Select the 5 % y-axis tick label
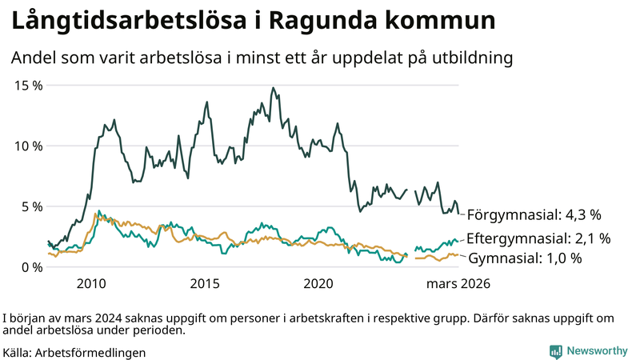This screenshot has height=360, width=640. point(31,206)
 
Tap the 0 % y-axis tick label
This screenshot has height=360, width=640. point(31,267)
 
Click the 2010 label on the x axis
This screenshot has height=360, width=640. point(91,284)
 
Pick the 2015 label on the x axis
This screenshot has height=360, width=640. point(205,284)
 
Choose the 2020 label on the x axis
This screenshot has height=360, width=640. point(318,284)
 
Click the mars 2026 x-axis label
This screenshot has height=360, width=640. point(458,284)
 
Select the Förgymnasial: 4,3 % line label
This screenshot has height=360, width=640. point(534,214)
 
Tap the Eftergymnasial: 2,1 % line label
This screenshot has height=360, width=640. point(538,238)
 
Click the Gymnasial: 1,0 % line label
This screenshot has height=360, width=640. point(525,258)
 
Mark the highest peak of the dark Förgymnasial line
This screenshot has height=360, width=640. point(273,88)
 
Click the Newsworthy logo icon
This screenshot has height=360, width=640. point(554,351)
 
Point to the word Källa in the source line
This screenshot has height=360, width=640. point(17,352)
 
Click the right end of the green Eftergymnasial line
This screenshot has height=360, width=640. point(458,239)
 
